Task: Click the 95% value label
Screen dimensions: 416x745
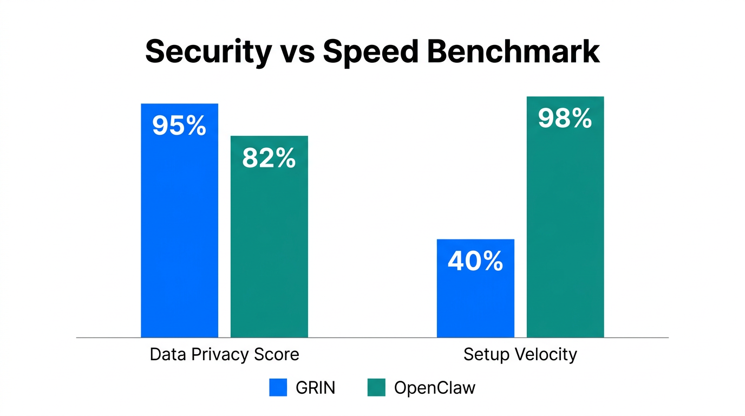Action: click(179, 126)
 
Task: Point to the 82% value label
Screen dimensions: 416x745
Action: click(269, 158)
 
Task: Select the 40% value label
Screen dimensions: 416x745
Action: click(475, 261)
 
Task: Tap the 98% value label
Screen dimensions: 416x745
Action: click(565, 119)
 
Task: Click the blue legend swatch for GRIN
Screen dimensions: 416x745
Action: click(278, 387)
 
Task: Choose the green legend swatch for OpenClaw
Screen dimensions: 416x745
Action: click(376, 387)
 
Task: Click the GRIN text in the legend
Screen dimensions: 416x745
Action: click(315, 388)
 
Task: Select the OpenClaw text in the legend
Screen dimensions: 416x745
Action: click(435, 388)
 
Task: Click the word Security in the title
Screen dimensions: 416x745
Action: click(208, 53)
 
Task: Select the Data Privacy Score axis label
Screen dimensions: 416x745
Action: click(224, 355)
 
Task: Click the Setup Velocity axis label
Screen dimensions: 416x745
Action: click(520, 355)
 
